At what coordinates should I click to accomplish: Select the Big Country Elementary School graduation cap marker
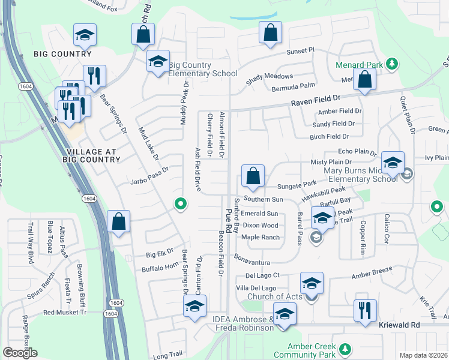pyautogui.click(x=158, y=62)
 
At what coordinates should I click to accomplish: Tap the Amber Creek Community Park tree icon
pyautogui.click(x=344, y=349)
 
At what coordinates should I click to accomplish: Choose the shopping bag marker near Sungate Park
pyautogui.click(x=253, y=176)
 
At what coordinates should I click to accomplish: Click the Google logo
pyautogui.click(x=20, y=353)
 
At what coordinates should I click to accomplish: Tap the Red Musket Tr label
pyautogui.click(x=65, y=313)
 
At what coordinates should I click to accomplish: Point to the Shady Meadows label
pyautogui.click(x=270, y=77)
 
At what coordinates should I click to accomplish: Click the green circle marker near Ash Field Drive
pyautogui.click(x=179, y=205)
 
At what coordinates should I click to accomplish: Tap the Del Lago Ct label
pyautogui.click(x=263, y=275)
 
